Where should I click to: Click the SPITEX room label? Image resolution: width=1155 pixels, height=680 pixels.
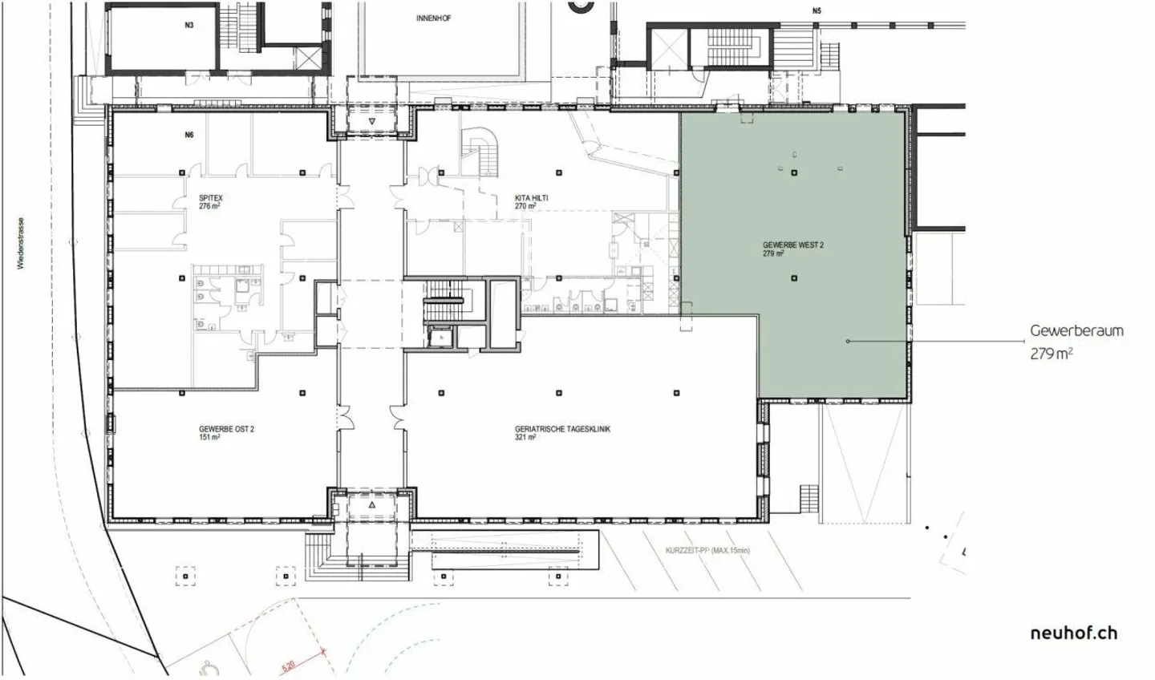(x=211, y=197)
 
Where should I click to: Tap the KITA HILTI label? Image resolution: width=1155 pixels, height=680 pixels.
(x=531, y=197)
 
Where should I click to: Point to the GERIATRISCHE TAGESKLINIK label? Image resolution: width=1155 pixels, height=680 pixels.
(x=562, y=429)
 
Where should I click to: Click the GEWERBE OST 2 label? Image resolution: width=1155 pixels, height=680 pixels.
(x=226, y=429)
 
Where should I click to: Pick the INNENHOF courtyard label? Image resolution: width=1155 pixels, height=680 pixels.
(x=433, y=18)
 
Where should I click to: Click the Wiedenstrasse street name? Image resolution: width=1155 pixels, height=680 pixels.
(x=21, y=243)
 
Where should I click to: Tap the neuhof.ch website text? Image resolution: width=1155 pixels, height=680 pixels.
(x=1073, y=633)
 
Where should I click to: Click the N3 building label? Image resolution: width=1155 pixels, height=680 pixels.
(x=189, y=26)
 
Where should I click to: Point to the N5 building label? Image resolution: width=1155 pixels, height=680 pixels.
(x=817, y=11)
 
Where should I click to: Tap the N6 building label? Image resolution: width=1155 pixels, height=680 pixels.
(x=189, y=135)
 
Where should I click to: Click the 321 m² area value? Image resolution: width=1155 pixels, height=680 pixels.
(x=526, y=438)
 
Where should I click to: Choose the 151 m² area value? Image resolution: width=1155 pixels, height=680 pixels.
(x=209, y=438)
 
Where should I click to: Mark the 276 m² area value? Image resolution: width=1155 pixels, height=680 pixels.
(x=209, y=206)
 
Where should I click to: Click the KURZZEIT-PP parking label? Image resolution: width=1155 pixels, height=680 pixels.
(x=707, y=551)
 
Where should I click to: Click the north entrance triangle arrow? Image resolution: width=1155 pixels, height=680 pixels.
(x=373, y=122)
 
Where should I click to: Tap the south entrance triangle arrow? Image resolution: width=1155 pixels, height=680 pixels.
(x=373, y=506)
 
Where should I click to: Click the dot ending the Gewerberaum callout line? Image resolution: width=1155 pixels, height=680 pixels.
(x=848, y=342)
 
